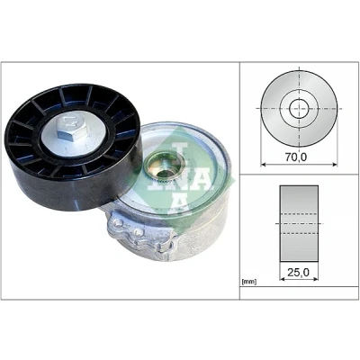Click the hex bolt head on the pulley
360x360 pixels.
tap(73, 128)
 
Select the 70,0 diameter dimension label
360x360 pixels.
tap(296, 157)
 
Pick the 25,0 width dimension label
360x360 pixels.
tap(299, 272)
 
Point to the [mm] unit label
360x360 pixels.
tap(249, 282)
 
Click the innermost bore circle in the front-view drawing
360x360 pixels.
tap(299, 108)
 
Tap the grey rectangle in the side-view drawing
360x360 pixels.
tap(299, 223)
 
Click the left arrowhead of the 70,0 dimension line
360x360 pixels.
tap(264, 164)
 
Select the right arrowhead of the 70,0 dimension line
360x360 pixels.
tap(335, 164)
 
